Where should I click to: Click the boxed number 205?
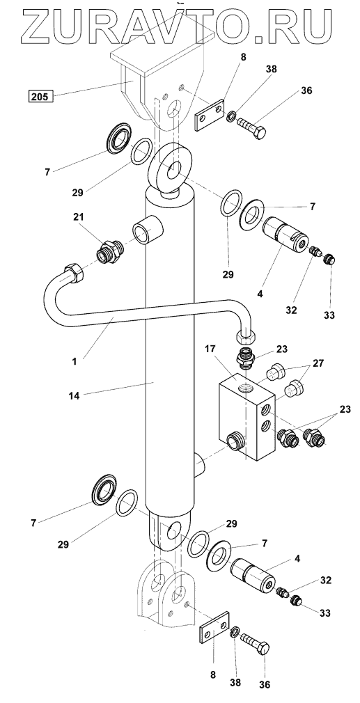tap(40, 95)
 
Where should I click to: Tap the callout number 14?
tap(75, 396)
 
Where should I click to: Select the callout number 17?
tap(212, 347)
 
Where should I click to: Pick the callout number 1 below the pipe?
tap(75, 360)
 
